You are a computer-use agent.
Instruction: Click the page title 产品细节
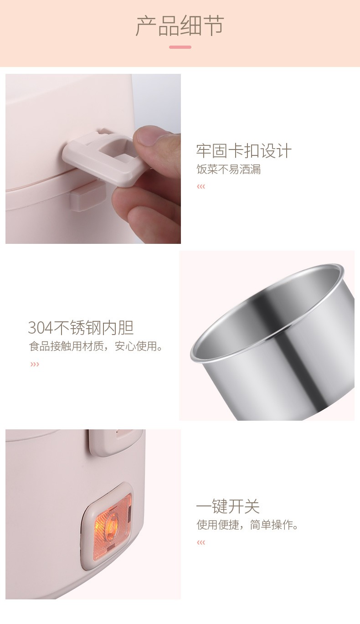(x=180, y=26)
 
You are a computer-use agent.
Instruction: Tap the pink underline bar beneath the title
(x=180, y=47)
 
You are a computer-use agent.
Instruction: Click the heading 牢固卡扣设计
(x=244, y=151)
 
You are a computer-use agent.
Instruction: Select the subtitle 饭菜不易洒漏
(x=229, y=170)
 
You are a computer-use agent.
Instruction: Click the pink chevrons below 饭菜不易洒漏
(x=201, y=186)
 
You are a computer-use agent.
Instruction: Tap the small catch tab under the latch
(x=87, y=196)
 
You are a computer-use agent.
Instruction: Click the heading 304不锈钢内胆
(x=81, y=328)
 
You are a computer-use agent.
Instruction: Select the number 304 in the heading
(x=41, y=328)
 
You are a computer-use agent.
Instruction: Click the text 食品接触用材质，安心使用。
(x=96, y=346)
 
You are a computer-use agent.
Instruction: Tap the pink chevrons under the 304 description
(x=35, y=364)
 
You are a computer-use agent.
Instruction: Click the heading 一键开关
(x=228, y=506)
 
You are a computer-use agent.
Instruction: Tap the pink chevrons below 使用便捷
(x=201, y=542)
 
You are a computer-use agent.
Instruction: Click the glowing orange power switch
(x=111, y=524)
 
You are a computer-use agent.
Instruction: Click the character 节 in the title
(x=213, y=26)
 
